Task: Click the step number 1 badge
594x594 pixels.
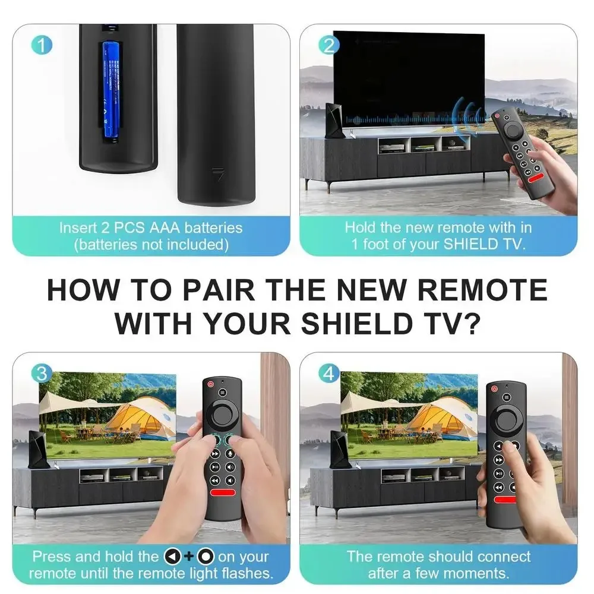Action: point(42,45)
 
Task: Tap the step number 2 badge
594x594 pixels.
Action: point(329,45)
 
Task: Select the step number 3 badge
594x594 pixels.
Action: point(42,374)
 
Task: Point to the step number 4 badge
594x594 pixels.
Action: point(329,374)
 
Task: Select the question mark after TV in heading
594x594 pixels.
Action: point(472,324)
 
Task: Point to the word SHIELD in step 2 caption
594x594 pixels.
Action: point(471,244)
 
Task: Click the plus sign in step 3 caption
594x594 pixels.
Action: point(190,557)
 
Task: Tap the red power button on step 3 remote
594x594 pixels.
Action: point(211,384)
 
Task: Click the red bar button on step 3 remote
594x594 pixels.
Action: point(223,493)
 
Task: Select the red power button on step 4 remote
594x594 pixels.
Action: point(494,388)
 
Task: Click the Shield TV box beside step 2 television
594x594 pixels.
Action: point(334,121)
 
